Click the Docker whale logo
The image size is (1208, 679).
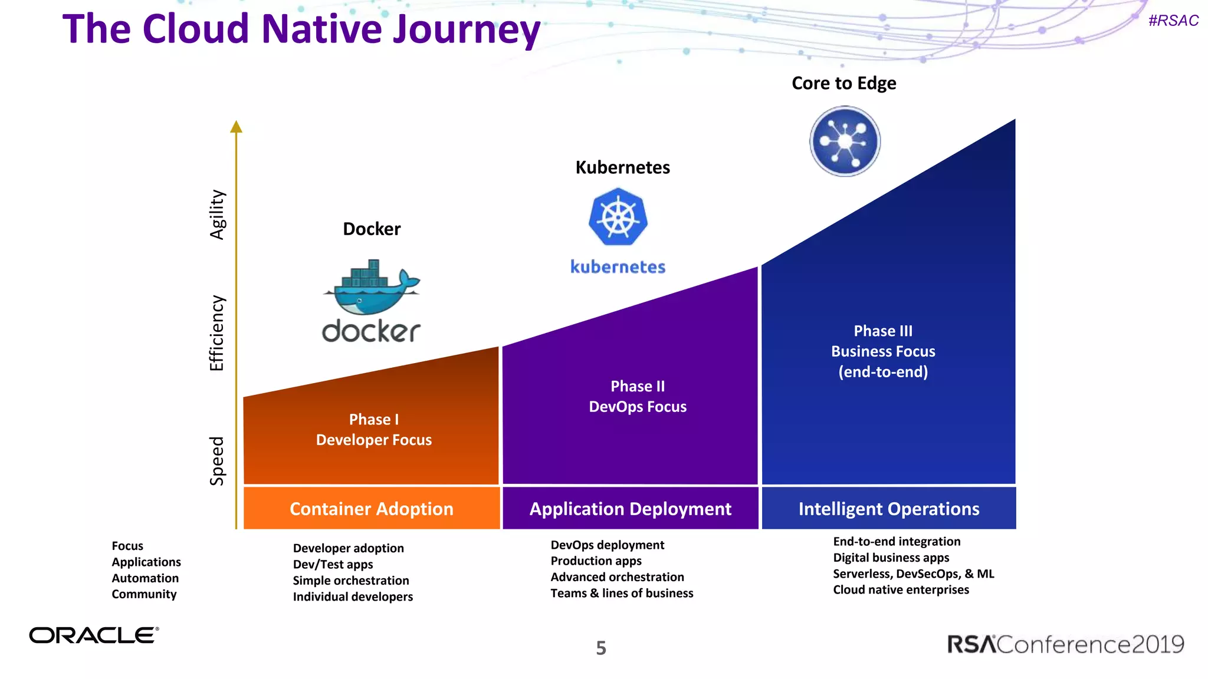click(x=371, y=288)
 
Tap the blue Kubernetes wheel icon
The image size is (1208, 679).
click(x=618, y=217)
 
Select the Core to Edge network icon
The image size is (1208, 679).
click(x=845, y=141)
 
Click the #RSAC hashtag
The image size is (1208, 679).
click(x=1173, y=21)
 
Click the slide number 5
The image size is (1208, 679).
click(x=600, y=648)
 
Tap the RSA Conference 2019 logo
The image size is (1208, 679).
click(x=1065, y=644)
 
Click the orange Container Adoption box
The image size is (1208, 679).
click(x=372, y=509)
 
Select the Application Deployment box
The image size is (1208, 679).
click(x=630, y=509)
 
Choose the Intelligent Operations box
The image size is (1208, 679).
click(x=888, y=509)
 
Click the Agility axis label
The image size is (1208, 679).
click(x=218, y=215)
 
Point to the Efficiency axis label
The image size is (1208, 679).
click(x=218, y=333)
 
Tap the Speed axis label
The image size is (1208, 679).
click(x=218, y=461)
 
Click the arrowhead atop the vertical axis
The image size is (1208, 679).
click(x=237, y=126)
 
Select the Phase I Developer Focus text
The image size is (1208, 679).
click(x=374, y=430)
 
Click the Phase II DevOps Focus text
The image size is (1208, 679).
click(x=638, y=396)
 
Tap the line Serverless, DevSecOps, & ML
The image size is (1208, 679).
click(x=913, y=573)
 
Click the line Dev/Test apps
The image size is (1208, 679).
click(x=333, y=564)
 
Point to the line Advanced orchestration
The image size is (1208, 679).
click(x=617, y=577)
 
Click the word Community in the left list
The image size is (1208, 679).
click(x=144, y=594)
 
